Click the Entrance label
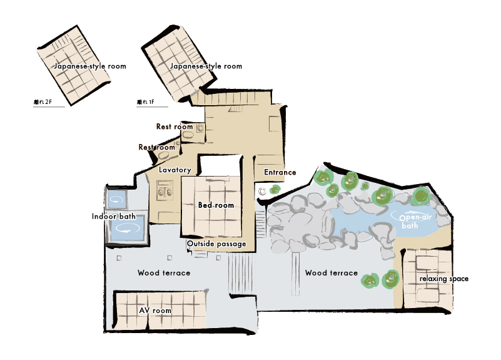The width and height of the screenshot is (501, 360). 280,172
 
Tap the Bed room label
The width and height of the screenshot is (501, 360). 216,205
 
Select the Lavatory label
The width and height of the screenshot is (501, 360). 175,170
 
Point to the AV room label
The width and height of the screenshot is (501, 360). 155,310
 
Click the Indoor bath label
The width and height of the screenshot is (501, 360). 114,217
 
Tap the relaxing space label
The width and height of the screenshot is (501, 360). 444,279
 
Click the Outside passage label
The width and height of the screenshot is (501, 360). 216,244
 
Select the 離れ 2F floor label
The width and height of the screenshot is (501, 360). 43,102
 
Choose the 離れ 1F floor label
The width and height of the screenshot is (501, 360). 146,102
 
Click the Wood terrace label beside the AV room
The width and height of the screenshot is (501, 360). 164,273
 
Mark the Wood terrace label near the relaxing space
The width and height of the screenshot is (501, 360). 331,273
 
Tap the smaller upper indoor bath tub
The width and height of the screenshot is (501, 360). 116,200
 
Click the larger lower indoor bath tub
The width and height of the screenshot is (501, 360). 127,228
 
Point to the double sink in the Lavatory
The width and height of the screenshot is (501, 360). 165,190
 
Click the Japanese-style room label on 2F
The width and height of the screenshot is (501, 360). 90,66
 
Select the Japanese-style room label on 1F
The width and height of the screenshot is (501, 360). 206,66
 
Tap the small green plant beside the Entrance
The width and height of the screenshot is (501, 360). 275,190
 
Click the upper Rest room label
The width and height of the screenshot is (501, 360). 175,126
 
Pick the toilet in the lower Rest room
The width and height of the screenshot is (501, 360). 163,155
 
